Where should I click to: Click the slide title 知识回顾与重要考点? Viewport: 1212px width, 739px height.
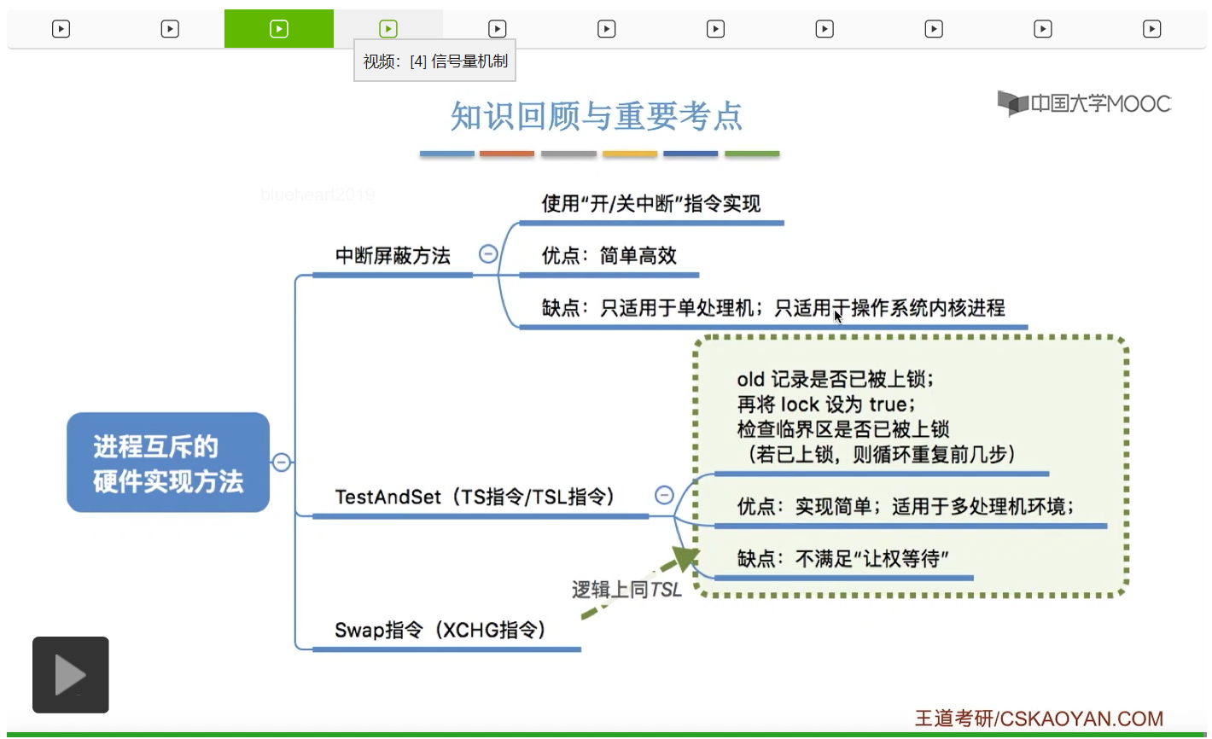tap(596, 116)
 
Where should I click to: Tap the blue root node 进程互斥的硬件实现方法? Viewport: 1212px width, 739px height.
tap(168, 463)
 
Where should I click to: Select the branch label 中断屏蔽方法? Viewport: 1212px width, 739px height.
tap(393, 256)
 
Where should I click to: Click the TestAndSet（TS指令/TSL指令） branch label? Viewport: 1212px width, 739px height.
tap(475, 497)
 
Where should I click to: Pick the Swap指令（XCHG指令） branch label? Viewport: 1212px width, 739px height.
tap(440, 631)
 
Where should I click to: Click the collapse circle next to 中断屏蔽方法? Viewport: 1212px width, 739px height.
tap(488, 253)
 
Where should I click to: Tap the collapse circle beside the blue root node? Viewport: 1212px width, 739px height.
tap(282, 463)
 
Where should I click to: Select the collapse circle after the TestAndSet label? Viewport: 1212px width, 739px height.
tap(664, 495)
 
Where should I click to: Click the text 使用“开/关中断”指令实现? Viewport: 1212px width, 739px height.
tap(650, 204)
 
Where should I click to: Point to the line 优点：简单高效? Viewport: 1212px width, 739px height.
tap(609, 256)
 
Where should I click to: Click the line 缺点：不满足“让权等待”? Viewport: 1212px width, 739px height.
tap(842, 559)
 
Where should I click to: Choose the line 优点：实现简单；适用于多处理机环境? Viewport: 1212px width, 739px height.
tap(905, 507)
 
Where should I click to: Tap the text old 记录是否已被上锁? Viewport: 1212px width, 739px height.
tap(835, 379)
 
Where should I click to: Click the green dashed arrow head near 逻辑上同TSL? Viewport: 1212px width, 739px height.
tap(685, 559)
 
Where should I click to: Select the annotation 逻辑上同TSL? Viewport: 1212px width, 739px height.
tap(626, 590)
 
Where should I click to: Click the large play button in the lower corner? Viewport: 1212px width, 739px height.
tap(71, 675)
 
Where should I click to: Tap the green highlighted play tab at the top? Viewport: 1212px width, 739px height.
tap(279, 29)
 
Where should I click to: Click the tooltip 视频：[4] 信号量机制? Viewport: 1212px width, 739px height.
tap(435, 61)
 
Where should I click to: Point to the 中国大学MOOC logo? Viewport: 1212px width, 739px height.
tap(1084, 103)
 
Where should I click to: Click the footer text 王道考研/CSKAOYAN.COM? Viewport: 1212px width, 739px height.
tap(1039, 719)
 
